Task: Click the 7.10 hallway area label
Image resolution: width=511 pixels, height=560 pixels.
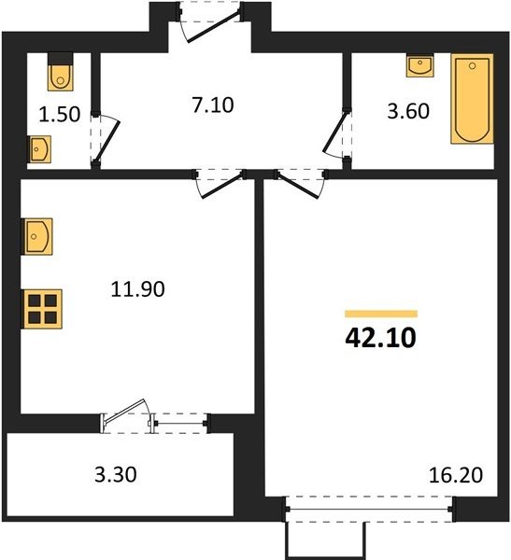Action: pyautogui.click(x=213, y=105)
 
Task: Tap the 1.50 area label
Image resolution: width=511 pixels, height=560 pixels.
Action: pyautogui.click(x=60, y=115)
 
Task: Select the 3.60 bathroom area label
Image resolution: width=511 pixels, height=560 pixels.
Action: pyautogui.click(x=408, y=111)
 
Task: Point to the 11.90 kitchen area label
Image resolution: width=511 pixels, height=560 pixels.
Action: pyautogui.click(x=137, y=289)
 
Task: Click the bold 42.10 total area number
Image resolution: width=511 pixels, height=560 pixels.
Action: pyautogui.click(x=381, y=338)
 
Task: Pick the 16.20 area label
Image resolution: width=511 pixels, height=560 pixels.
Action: pyautogui.click(x=456, y=475)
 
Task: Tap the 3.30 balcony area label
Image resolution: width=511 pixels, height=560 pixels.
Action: pyautogui.click(x=116, y=475)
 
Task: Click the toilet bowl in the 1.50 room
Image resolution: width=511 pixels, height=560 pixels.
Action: pyautogui.click(x=61, y=72)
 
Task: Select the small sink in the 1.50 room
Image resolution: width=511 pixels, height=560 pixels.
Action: pyautogui.click(x=39, y=149)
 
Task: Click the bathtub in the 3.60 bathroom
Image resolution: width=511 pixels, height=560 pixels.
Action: pyautogui.click(x=472, y=99)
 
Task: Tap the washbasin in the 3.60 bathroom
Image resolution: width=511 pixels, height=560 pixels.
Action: pyautogui.click(x=419, y=65)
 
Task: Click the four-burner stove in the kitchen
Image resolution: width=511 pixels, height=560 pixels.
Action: pyautogui.click(x=42, y=309)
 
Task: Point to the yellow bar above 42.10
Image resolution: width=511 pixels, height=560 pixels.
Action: pyautogui.click(x=381, y=314)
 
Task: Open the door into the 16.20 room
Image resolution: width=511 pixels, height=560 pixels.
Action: pyautogui.click(x=300, y=185)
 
